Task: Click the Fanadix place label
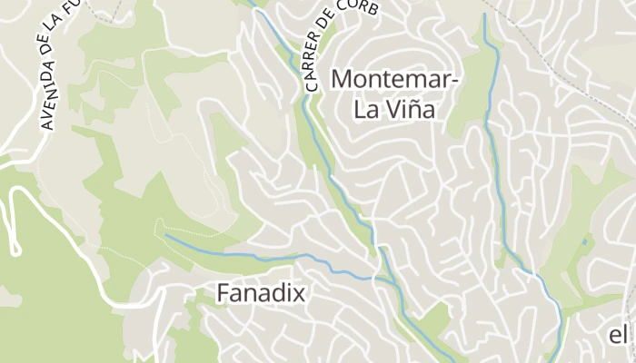(261, 293)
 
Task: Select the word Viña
(408, 111)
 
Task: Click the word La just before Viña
(367, 111)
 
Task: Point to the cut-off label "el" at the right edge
(618, 335)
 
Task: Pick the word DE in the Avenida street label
(41, 44)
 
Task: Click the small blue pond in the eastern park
(583, 242)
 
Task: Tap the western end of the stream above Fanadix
(166, 236)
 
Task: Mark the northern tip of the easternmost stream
(485, 15)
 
